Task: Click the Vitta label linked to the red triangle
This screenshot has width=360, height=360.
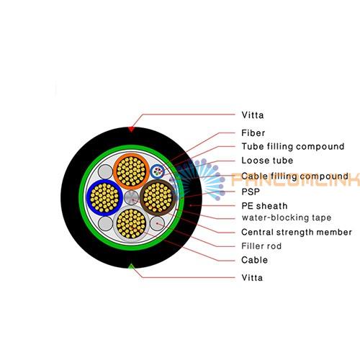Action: (x=253, y=115)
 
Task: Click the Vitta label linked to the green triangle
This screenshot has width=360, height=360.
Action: (x=252, y=278)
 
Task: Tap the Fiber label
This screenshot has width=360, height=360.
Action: (x=253, y=132)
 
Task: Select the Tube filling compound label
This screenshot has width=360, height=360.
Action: (x=293, y=146)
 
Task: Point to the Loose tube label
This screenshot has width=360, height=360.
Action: (x=267, y=161)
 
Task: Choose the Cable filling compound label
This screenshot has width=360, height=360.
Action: (x=294, y=176)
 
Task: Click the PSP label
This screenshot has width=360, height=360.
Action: (x=251, y=192)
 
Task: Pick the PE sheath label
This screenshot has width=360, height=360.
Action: (x=264, y=206)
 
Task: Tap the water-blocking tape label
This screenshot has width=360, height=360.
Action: (x=287, y=217)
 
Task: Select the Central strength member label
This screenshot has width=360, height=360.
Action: (x=297, y=232)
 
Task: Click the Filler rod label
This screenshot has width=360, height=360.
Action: (x=261, y=246)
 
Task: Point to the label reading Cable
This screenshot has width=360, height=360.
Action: (x=254, y=260)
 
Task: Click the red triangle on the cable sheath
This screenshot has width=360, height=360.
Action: (x=131, y=130)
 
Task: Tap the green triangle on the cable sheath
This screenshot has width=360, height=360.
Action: (x=131, y=266)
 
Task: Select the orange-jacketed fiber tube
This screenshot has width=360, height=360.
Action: (x=131, y=171)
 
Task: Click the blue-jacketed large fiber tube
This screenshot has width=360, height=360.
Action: (x=104, y=198)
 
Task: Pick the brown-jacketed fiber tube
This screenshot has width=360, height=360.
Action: (x=158, y=197)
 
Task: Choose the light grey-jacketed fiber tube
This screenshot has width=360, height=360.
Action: (x=131, y=224)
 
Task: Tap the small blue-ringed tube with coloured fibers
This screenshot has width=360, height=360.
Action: (x=157, y=171)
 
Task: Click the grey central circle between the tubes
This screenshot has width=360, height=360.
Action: (x=131, y=197)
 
